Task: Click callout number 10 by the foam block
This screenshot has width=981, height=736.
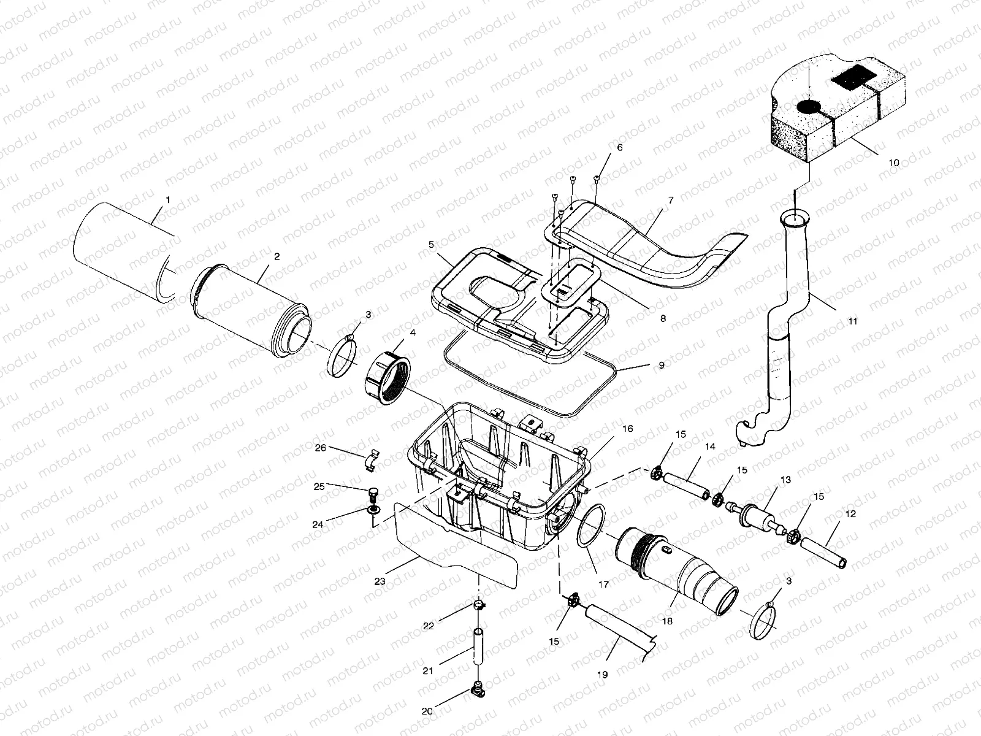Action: tap(893, 163)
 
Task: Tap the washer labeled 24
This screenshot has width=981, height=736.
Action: tap(373, 510)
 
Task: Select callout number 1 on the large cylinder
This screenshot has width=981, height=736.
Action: tap(168, 200)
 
